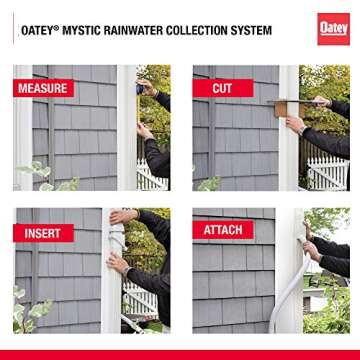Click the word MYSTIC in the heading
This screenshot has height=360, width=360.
coord(108,27)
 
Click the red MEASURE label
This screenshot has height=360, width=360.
coord(42,89)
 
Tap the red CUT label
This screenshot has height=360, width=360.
coord(221,89)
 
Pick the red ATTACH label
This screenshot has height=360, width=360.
coord(223,230)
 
